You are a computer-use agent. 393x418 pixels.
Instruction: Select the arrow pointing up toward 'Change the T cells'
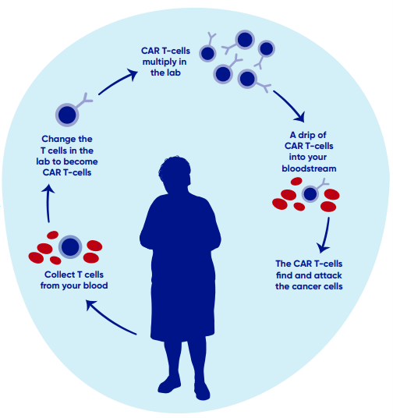pyautogui.click(x=48, y=203)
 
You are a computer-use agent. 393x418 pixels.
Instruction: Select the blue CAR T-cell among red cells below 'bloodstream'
pyautogui.click(x=310, y=193)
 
